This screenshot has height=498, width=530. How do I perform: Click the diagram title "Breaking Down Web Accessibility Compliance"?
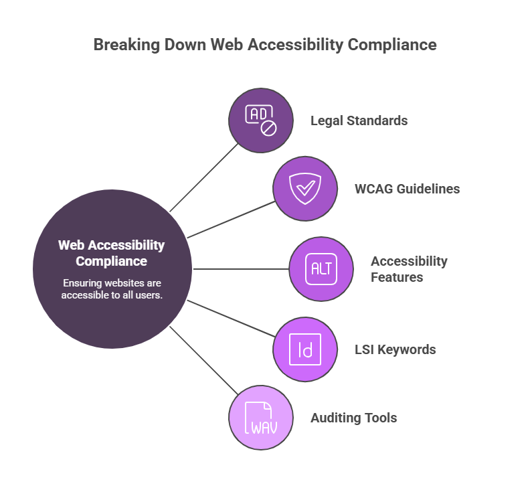coord(264,45)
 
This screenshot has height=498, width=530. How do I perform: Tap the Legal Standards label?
coord(359,121)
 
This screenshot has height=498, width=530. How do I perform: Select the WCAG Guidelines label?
coord(407,189)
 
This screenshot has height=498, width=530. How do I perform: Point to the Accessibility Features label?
coord(408,269)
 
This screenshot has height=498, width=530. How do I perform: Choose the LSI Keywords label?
coord(395,349)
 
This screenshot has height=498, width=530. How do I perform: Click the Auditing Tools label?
coord(353,418)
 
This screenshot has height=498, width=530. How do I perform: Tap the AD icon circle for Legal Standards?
coord(261,120)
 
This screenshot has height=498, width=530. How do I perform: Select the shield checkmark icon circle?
coord(305,189)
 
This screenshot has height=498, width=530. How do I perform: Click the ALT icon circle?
coord(321,269)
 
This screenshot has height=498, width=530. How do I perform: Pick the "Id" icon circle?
coord(305,349)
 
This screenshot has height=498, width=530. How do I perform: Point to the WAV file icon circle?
coord(261,418)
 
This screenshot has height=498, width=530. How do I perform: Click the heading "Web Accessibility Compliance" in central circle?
coord(111,253)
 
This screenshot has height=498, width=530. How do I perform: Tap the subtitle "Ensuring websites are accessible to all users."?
coord(112,288)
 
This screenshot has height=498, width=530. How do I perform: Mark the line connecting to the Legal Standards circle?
coord(204,177)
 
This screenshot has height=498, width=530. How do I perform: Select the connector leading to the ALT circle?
coord(241,269)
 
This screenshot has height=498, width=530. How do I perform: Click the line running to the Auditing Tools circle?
coord(204,361)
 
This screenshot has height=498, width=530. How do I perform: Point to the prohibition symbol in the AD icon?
coord(268,127)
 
